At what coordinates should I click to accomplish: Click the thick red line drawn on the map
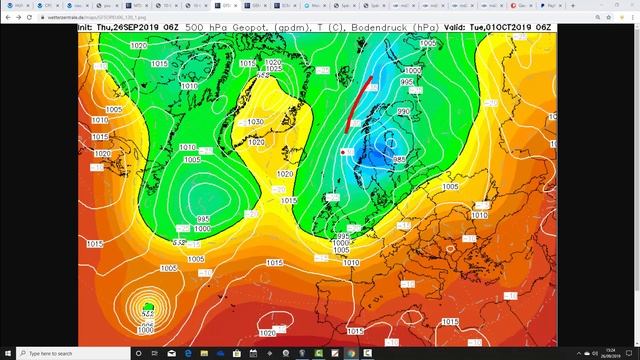pos(359,104)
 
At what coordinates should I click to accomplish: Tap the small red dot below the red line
pos(343,152)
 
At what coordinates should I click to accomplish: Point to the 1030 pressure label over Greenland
pos(255,121)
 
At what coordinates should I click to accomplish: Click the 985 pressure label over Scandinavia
pos(399,159)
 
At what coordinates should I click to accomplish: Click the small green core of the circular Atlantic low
pos(148,307)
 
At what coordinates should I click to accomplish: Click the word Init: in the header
pos(91,27)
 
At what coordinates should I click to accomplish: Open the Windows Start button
pos(7,354)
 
